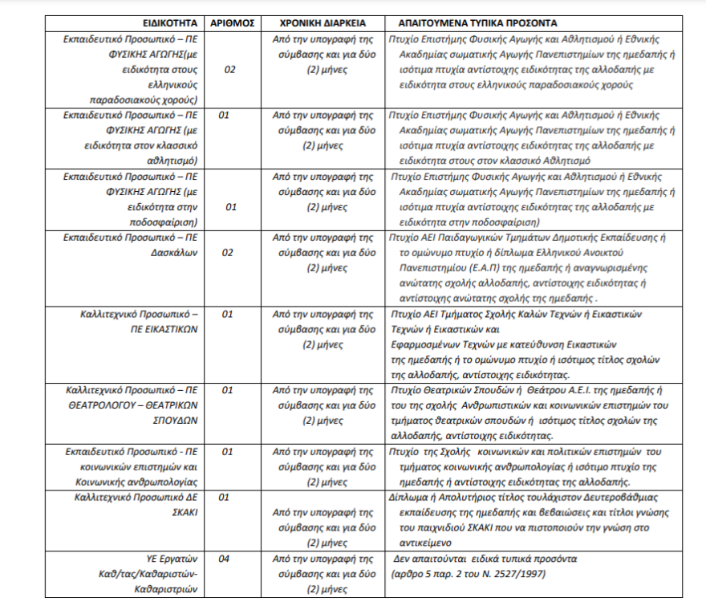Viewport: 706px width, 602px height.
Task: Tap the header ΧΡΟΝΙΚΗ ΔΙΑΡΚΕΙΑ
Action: click(x=323, y=22)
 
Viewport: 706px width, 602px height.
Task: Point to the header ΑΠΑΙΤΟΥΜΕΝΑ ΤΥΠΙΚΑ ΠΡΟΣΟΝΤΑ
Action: click(x=473, y=22)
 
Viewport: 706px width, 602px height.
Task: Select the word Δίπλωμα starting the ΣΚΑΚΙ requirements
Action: click(x=408, y=498)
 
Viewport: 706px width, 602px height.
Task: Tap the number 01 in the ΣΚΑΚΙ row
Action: click(x=225, y=498)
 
